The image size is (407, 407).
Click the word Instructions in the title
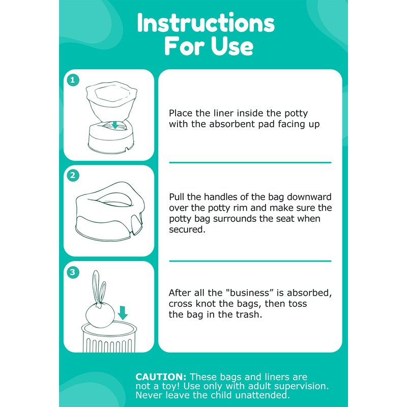click(x=206, y=23)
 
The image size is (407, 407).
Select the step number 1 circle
click(x=73, y=80)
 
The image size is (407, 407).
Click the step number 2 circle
click(x=73, y=176)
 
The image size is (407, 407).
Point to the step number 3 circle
click(x=73, y=272)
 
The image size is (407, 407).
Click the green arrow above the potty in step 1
click(x=115, y=125)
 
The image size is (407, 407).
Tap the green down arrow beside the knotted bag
click(x=123, y=313)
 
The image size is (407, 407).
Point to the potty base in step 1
click(x=112, y=137)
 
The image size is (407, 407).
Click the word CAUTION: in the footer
click(x=161, y=377)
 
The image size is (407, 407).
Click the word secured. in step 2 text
click(x=187, y=229)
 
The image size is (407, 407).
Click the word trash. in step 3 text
click(x=249, y=314)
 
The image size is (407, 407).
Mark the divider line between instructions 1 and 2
click(x=250, y=162)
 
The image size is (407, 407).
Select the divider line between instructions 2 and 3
click(x=250, y=261)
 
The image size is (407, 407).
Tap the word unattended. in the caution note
click(x=263, y=395)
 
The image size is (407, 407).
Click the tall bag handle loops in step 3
click(x=99, y=287)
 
